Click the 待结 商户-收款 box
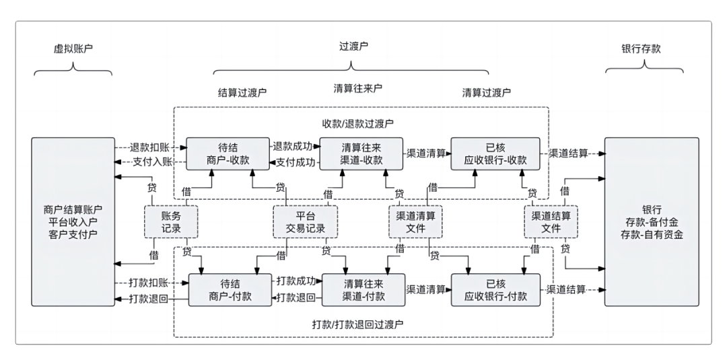(228, 153)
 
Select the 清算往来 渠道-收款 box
(361, 153)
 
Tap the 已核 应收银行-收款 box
(495, 153)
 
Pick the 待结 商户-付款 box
(230, 289)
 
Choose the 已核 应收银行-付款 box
(495, 289)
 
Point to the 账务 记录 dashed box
(171, 222)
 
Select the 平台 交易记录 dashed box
(306, 222)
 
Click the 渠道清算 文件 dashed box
(416, 222)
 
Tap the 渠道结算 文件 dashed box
(551, 222)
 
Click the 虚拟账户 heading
(72, 49)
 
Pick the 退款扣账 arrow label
(149, 147)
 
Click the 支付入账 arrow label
(149, 161)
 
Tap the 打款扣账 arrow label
(149, 283)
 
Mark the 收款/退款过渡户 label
(357, 123)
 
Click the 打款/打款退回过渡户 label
(357, 324)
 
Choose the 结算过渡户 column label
(242, 92)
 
